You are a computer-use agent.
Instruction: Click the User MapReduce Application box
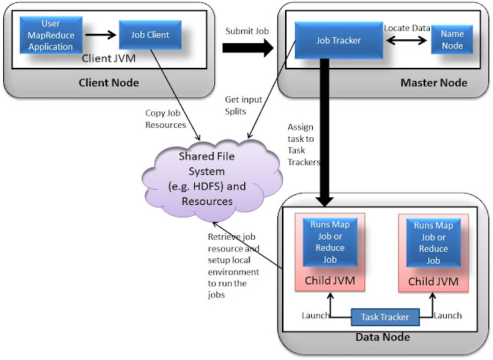coord(50,35)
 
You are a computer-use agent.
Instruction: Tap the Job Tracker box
coord(339,40)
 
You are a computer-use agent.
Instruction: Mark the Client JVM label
coord(109,58)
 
